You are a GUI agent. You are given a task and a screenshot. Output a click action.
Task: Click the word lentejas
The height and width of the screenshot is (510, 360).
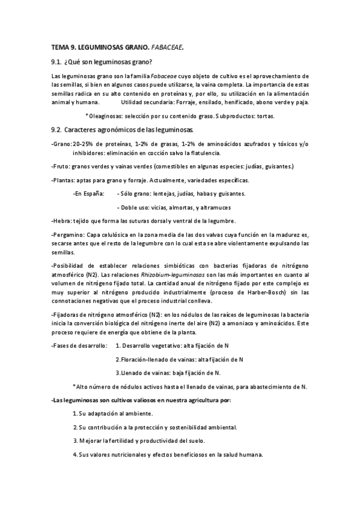159,193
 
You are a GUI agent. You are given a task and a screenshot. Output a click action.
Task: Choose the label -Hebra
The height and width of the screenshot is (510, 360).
61,221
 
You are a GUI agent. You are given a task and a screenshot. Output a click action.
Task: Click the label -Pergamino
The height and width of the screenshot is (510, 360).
67,235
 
